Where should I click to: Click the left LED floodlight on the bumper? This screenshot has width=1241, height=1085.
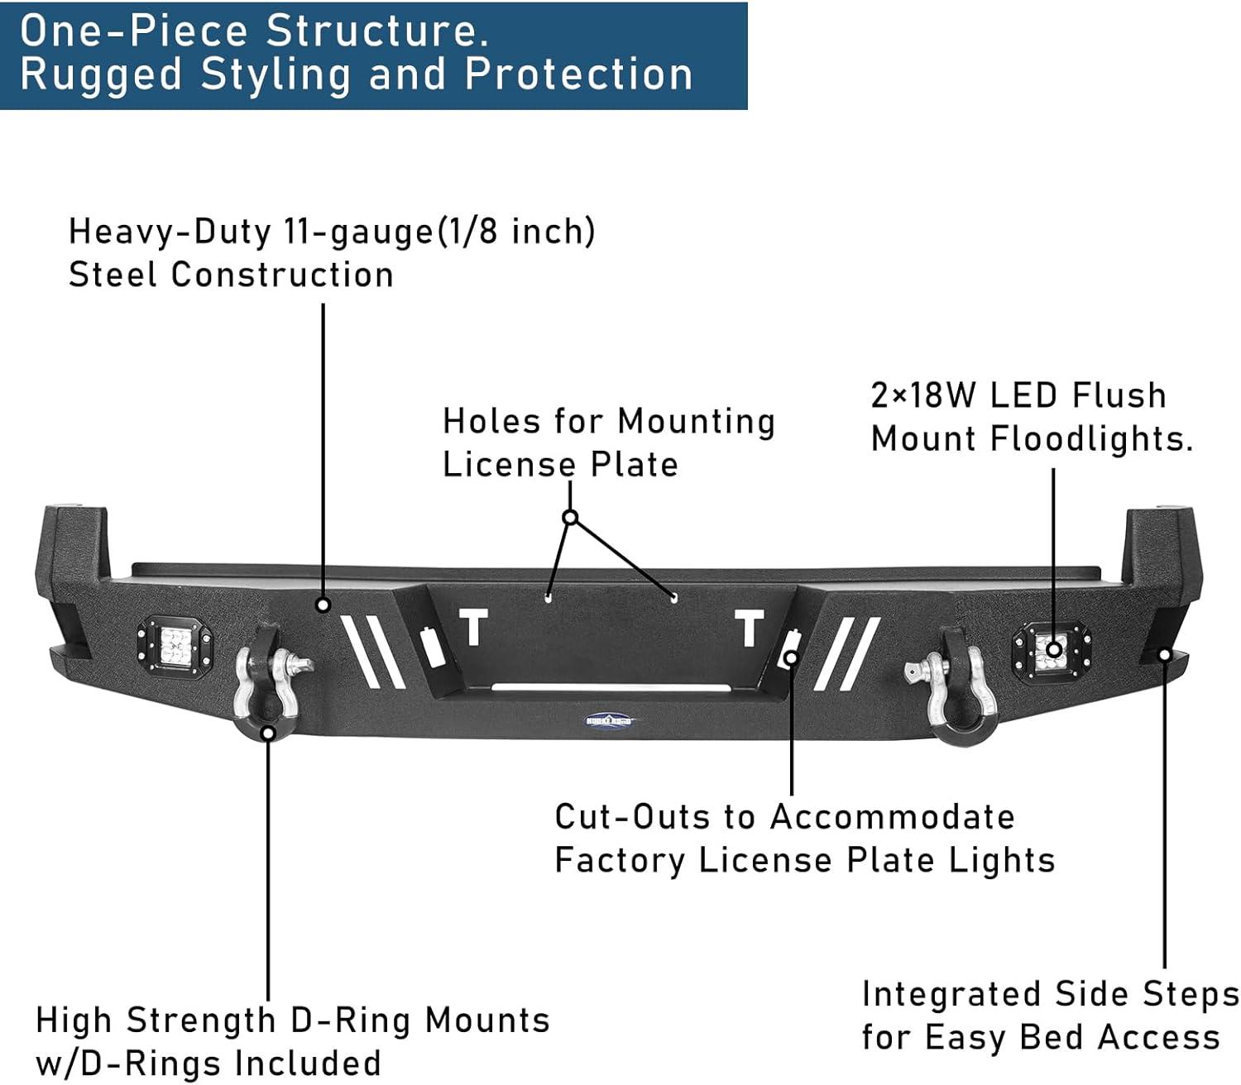pos(175,642)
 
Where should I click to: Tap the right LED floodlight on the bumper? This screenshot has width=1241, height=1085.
pos(1052,649)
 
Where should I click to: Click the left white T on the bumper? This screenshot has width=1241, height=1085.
pos(474,628)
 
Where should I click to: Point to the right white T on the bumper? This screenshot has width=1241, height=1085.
pos(750,629)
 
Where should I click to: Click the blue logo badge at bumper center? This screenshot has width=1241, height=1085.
pos(612,720)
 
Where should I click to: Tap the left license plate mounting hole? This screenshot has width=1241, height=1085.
pos(549,595)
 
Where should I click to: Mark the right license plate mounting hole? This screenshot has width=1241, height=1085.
pos(674,597)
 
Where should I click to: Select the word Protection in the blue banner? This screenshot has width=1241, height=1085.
pos(578,74)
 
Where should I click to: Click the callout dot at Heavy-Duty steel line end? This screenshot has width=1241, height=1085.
pos(323,605)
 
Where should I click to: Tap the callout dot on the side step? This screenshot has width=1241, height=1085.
pos(1165,655)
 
